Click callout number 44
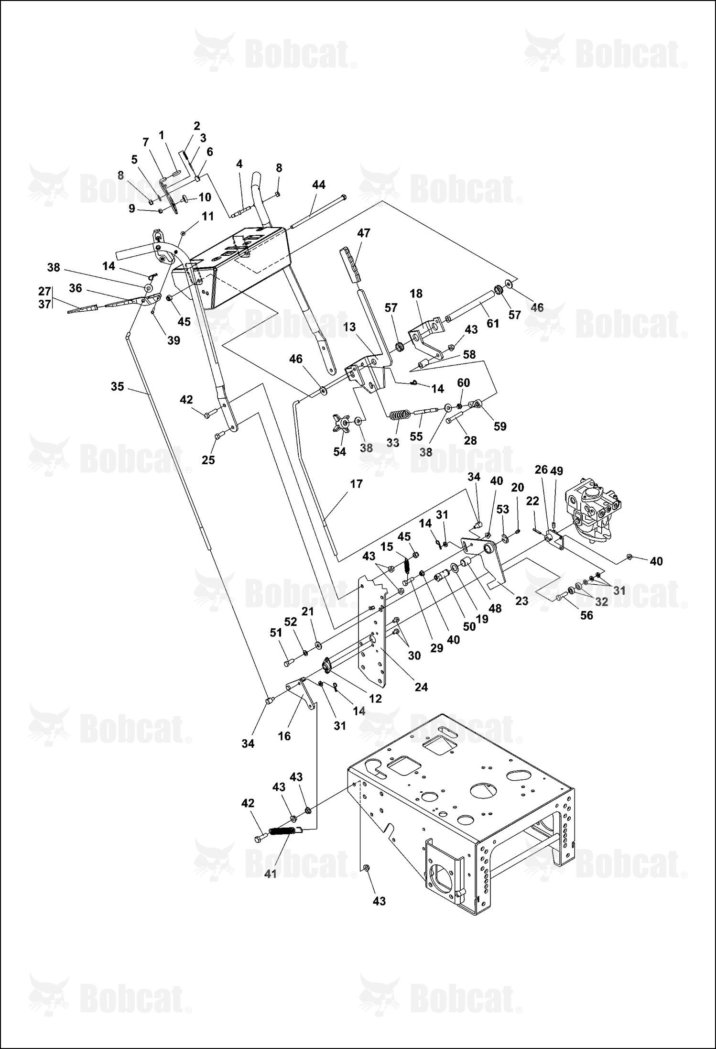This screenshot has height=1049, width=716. click(x=318, y=185)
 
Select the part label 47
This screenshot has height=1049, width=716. click(x=364, y=233)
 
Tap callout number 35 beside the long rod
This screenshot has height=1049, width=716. click(x=117, y=386)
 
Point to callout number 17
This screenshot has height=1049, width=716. click(x=356, y=484)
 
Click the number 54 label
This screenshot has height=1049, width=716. click(x=339, y=451)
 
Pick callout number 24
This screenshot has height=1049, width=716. click(x=421, y=687)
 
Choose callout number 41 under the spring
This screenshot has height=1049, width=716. click(x=271, y=874)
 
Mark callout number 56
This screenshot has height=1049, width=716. click(x=586, y=615)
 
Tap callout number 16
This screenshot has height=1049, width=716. click(x=284, y=736)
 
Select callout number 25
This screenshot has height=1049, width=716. click(x=208, y=460)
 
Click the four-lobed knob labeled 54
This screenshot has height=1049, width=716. click(x=342, y=424)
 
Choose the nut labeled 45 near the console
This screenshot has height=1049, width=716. click(x=169, y=299)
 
